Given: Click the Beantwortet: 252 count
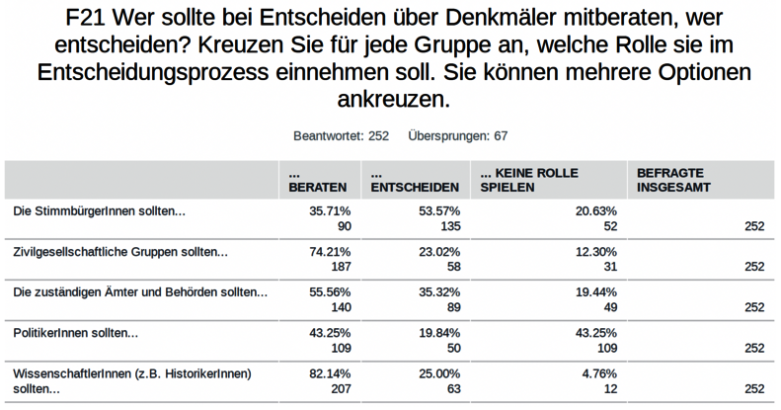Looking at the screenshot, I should coord(341,135).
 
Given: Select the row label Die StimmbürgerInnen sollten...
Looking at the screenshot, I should coord(99,211).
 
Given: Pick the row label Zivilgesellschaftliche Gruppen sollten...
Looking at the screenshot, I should coord(120,252).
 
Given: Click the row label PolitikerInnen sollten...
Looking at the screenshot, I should coord(76,333).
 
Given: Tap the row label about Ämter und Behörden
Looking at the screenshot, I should coord(139,292).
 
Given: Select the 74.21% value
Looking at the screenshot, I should coord(330,252).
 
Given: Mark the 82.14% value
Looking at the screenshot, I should coord(330,373).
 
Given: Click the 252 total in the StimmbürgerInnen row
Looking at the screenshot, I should coord(754,226).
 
